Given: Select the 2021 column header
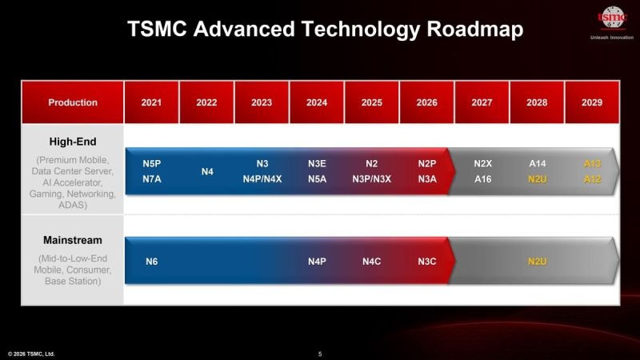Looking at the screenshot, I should (151, 102).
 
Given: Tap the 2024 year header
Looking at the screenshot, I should (317, 102).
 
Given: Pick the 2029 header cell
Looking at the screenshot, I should (592, 102).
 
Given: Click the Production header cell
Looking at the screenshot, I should (73, 102).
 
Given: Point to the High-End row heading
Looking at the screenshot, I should (73, 142).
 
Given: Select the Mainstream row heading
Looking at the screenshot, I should (73, 240).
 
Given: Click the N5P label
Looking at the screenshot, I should (152, 163).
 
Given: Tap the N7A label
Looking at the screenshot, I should (152, 179).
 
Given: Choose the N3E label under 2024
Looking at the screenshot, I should (317, 163).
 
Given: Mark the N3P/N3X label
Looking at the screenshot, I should (372, 179).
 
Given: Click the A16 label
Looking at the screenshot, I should (482, 179).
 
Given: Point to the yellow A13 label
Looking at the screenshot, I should (592, 163).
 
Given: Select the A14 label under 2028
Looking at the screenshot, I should (538, 163).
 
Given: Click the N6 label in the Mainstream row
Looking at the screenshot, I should (152, 262).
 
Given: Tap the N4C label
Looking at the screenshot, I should (372, 262).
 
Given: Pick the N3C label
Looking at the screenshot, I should (427, 262).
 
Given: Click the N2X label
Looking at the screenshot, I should (482, 163).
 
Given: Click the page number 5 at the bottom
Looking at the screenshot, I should (320, 354).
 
